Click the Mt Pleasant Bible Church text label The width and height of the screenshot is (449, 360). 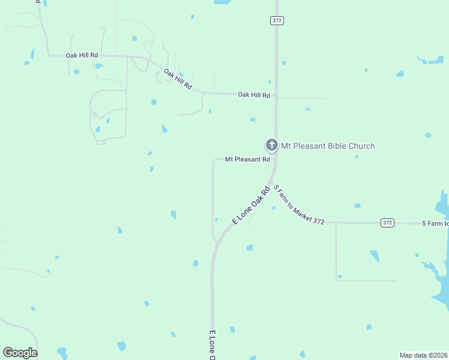[x=328, y=146]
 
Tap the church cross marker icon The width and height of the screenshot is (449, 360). [x=271, y=145]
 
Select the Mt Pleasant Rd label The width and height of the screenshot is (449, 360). [x=248, y=160]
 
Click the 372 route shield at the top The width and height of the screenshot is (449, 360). [x=276, y=20]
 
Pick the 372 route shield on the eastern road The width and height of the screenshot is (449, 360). [x=387, y=223]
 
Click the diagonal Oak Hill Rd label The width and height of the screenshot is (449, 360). [x=178, y=79]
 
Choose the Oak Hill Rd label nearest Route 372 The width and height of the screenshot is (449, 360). [x=254, y=95]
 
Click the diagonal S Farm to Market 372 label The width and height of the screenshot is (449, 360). [x=298, y=205]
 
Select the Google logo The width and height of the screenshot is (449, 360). [x=20, y=353]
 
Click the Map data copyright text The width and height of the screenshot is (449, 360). [x=423, y=355]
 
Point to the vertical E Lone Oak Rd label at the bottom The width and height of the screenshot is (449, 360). [x=212, y=345]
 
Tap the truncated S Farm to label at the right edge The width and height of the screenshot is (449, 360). [x=435, y=223]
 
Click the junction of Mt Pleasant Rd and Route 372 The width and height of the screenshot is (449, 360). [x=276, y=160]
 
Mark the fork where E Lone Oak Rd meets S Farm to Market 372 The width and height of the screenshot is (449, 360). [x=271, y=182]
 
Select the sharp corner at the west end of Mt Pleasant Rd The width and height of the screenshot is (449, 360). [x=214, y=160]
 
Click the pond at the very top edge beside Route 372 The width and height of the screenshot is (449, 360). [x=221, y=2]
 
